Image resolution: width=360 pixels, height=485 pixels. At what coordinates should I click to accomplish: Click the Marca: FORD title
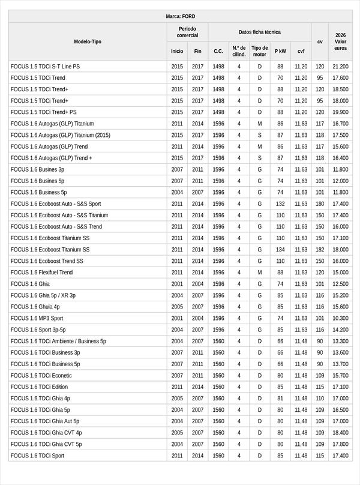pyautogui.click(x=180, y=16)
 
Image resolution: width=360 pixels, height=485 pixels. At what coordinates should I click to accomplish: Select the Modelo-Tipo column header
pyautogui.click(x=88, y=41)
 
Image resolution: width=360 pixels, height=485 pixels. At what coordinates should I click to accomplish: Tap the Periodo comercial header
pyautogui.click(x=187, y=32)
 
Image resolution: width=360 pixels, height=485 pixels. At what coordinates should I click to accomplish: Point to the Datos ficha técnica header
pyautogui.click(x=259, y=32)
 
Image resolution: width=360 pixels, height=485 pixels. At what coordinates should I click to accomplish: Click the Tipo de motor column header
pyautogui.click(x=259, y=51)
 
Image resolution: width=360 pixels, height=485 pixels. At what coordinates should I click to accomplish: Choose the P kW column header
pyautogui.click(x=280, y=51)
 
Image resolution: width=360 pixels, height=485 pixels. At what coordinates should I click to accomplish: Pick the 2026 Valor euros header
pyautogui.click(x=340, y=41)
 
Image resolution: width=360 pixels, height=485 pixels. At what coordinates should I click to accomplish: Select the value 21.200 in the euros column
pyautogui.click(x=340, y=66)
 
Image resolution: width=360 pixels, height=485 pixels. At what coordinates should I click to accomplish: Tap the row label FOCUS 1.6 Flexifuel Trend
pyautogui.click(x=41, y=273)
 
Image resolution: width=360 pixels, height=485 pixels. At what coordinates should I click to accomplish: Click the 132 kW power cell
pyautogui.click(x=280, y=203)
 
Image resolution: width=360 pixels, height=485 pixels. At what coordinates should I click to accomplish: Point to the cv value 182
pyautogui.click(x=320, y=250)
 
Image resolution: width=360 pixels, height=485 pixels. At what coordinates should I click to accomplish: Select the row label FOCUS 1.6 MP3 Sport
pyautogui.click(x=37, y=318)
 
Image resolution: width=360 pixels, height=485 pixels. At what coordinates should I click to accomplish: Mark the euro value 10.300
pyautogui.click(x=340, y=318)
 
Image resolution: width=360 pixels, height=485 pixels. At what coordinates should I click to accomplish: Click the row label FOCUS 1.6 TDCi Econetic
pyautogui.click(x=41, y=376)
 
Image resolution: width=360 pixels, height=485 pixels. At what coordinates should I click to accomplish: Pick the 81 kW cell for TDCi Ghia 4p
pyautogui.click(x=280, y=399)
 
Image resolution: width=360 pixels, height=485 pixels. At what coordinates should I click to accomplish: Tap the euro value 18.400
pyautogui.click(x=340, y=433)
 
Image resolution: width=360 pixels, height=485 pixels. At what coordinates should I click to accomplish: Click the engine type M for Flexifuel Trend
pyautogui.click(x=259, y=273)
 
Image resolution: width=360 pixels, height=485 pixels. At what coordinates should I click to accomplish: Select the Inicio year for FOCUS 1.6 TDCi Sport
pyautogui.click(x=177, y=456)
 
